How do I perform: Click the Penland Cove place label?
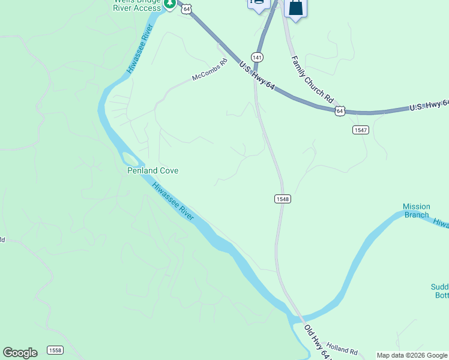(x=152, y=170)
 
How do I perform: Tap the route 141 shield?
(x=257, y=57)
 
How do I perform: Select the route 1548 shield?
(x=283, y=199)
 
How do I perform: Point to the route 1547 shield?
(x=360, y=130)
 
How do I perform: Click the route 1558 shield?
(x=55, y=350)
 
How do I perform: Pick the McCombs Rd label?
(x=210, y=70)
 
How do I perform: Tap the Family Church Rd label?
(x=312, y=78)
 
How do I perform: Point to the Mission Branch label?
(x=416, y=211)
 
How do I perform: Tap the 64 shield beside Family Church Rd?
(x=340, y=110)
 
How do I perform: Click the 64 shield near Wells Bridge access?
(x=188, y=8)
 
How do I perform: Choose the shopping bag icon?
(x=295, y=8)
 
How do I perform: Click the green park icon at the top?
(x=170, y=4)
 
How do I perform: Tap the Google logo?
(x=20, y=353)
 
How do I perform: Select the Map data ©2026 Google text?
(x=412, y=355)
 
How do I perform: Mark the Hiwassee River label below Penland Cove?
(x=173, y=201)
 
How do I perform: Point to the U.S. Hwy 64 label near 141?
(x=256, y=76)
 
